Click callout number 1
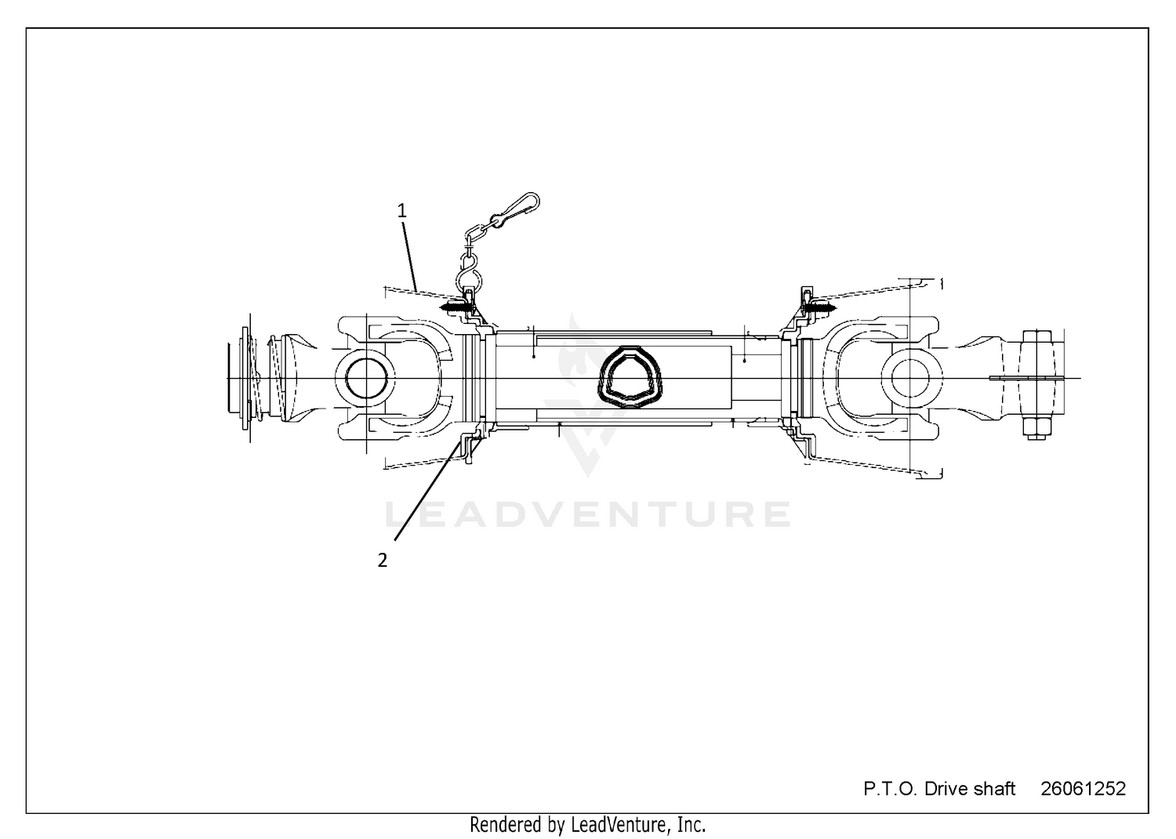coord(401,211)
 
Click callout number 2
coord(383,560)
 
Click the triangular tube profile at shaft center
coord(630,376)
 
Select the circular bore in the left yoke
coord(366,378)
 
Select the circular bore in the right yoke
coord(913,378)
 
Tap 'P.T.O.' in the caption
coord(891,789)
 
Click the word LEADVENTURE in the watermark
coord(588,514)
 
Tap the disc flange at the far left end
coord(245,379)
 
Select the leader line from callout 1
coord(410,256)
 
